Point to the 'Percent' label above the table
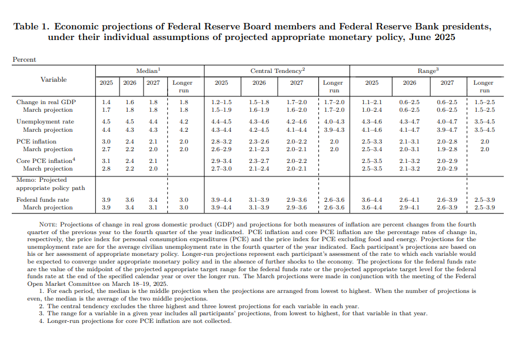click(24, 59)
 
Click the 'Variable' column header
click(54, 79)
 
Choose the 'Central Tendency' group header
click(277, 71)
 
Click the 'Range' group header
click(427, 71)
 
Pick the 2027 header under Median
click(153, 83)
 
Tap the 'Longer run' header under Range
click(483, 86)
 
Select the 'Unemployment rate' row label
click(44, 122)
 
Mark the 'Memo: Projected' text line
click(41, 180)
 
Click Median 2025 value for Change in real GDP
click(106, 102)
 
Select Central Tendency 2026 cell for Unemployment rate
click(259, 122)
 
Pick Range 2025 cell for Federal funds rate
click(372, 200)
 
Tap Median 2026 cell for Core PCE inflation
click(129, 161)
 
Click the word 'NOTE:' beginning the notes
click(48, 225)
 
